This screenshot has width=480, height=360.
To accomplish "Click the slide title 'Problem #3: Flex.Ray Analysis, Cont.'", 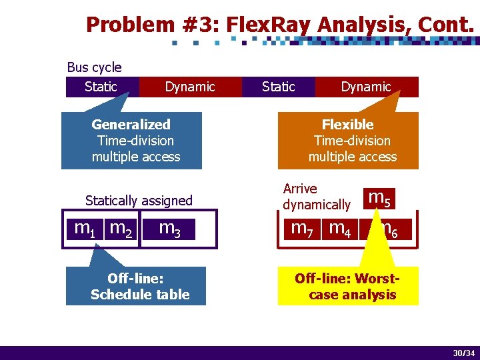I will pos(280,25).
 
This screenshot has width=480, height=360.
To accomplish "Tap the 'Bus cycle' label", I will pos(94,67).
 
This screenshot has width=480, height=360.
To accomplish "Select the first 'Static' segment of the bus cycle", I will pos(101,87).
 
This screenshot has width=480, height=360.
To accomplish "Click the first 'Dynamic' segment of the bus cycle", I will pos(190,87).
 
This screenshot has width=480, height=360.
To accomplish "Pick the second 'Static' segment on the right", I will pos(278,87).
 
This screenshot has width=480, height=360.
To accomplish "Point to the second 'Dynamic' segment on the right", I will pos(366,87).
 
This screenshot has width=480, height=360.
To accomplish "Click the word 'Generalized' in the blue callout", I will pos(131,125).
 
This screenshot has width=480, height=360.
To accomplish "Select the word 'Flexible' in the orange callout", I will pos(347,125).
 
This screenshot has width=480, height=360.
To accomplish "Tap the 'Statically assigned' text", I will pos(139,201).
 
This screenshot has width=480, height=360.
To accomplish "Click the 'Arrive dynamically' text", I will pos(316,197).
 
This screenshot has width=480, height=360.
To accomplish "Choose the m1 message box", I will pos(84,229).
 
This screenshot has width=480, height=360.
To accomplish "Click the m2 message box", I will pos(121,229).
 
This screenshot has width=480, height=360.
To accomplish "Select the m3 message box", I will pos(169,229).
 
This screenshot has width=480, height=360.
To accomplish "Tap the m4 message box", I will pos(340,229).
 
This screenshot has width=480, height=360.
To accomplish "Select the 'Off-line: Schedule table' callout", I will pos(137,287).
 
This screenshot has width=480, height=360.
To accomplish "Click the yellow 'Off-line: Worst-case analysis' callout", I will pos(349,287).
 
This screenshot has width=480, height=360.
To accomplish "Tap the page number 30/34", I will pos(463,353).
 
